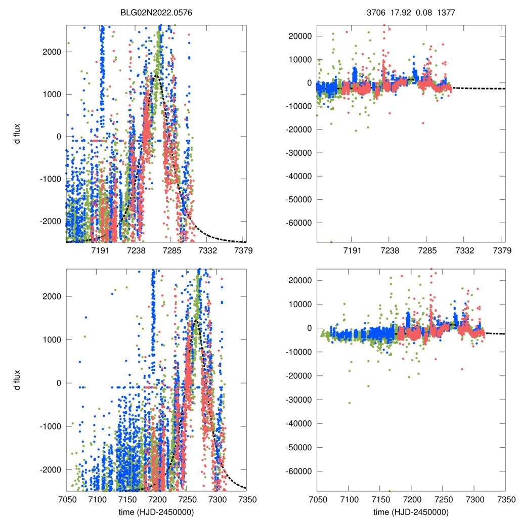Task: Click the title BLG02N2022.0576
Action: point(156,13)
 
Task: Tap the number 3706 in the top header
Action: point(375,13)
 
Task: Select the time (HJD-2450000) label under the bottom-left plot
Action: point(156,512)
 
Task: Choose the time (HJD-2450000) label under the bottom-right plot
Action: point(411,512)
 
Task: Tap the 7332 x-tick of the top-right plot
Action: point(464,250)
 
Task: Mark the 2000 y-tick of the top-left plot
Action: point(53,52)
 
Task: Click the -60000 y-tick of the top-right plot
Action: point(299,223)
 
